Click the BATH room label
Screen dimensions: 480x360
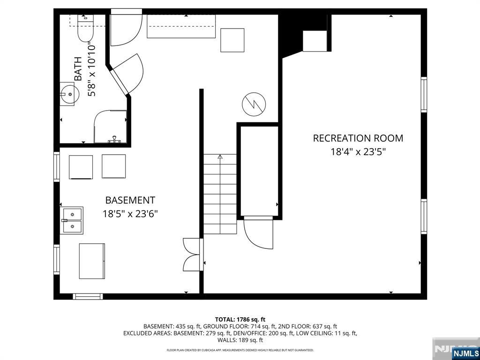click(x=78, y=69)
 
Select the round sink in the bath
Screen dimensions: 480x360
click(x=69, y=94)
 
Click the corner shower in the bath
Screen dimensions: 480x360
click(x=110, y=127)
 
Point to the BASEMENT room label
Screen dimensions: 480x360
click(x=130, y=200)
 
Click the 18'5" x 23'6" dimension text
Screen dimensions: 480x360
click(x=130, y=214)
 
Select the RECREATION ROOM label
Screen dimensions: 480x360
click(x=358, y=138)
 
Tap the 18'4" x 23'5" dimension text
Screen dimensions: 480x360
click(x=358, y=151)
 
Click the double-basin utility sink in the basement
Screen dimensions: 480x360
click(x=72, y=220)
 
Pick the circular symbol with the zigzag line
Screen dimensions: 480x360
click(x=254, y=104)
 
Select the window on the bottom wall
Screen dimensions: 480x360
click(x=88, y=296)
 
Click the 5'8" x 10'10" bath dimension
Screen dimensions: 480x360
click(x=91, y=70)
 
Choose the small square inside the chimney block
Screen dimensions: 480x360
click(x=315, y=41)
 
